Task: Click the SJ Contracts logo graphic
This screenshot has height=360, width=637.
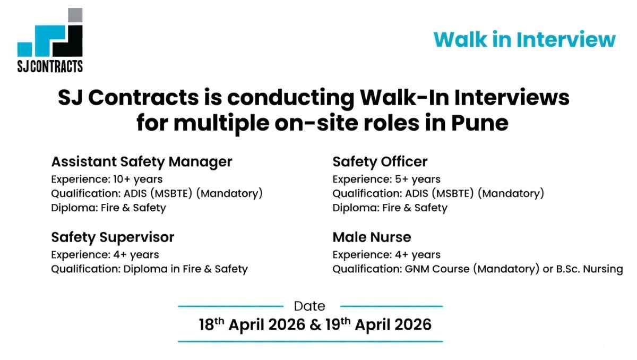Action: tap(50, 35)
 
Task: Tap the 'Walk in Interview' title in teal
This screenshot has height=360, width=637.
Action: tap(524, 40)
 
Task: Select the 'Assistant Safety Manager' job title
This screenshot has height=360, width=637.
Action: tap(142, 161)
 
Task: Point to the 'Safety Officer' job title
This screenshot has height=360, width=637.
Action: tap(380, 161)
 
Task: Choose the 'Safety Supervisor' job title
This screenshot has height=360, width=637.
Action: tap(113, 236)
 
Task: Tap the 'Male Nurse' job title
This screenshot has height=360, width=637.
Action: tap(372, 236)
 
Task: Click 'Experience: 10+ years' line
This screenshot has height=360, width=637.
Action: tap(107, 179)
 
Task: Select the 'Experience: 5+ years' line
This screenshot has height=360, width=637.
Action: tap(386, 179)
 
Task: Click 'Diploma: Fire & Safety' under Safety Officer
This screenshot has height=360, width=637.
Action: tap(390, 208)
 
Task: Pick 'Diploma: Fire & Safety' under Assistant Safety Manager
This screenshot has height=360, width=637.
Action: tap(108, 208)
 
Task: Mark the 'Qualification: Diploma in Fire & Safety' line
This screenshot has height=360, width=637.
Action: tap(149, 269)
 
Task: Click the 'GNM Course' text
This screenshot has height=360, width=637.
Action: tap(437, 269)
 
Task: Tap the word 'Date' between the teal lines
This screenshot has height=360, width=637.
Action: tap(309, 306)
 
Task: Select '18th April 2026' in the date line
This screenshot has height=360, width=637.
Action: tap(252, 324)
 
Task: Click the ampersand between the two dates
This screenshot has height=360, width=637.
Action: tap(314, 325)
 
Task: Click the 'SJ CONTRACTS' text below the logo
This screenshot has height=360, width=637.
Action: tap(50, 66)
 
